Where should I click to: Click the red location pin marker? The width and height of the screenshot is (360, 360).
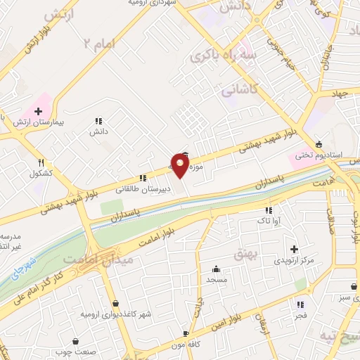pyautogui.click(x=180, y=166)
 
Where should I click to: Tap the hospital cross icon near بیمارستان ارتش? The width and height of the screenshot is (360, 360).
pyautogui.click(x=38, y=111)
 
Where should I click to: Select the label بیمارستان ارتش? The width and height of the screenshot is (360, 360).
pyautogui.click(x=38, y=122)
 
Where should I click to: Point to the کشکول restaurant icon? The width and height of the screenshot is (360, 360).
pyautogui.click(x=41, y=162)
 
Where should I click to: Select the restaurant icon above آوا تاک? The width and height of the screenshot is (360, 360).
pyautogui.click(x=268, y=210)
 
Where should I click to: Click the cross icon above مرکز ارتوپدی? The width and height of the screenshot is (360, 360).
pyautogui.click(x=294, y=249)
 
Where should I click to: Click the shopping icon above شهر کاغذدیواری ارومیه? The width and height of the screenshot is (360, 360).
pyautogui.click(x=115, y=304)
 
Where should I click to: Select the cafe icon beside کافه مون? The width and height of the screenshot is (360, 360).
pyautogui.click(x=185, y=333)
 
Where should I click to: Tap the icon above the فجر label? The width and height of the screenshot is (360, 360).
pyautogui.click(x=301, y=305)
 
